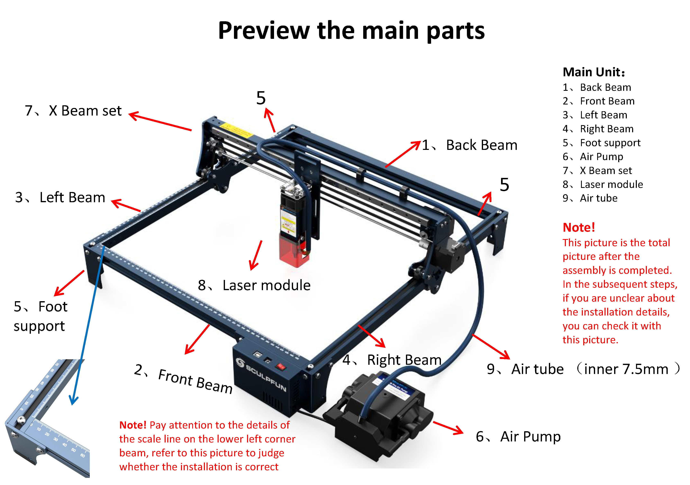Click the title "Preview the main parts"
(x=351, y=31)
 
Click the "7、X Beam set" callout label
(x=73, y=111)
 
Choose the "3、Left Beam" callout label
(x=60, y=198)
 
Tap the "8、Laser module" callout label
(x=254, y=285)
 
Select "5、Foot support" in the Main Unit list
(x=601, y=143)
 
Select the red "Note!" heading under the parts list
(x=579, y=228)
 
